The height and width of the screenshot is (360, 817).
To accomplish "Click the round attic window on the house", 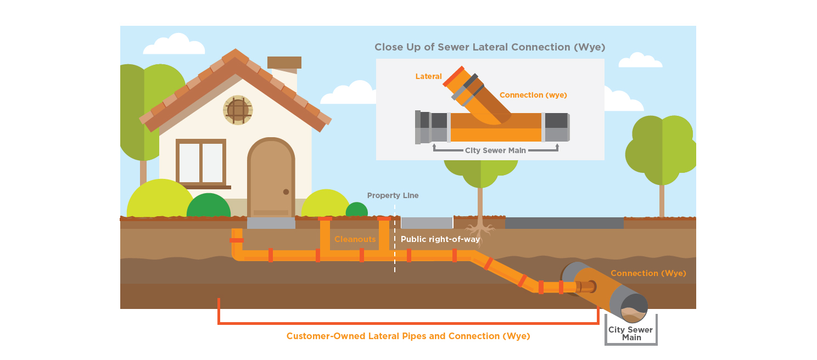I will tap(238, 110).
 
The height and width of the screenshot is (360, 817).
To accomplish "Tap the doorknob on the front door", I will tap(286, 192).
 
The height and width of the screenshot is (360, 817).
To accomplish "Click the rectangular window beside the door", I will tap(201, 163).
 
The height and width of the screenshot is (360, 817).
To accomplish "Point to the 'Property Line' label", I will tap(393, 196).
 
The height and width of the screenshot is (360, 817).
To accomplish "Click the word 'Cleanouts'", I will tap(355, 239).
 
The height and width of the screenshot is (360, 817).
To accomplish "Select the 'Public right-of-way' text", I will tap(440, 239).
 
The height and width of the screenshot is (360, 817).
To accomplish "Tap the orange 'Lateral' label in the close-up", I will tap(428, 76).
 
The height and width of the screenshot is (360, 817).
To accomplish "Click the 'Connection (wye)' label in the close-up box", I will tap(533, 95).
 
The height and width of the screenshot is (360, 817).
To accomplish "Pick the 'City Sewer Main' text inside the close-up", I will tap(495, 150).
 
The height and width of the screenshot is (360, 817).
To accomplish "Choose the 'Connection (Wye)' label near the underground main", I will tap(648, 273).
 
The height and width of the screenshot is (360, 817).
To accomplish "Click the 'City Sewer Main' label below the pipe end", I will tap(630, 334).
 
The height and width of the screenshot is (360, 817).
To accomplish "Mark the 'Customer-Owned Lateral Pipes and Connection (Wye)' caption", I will tap(408, 336).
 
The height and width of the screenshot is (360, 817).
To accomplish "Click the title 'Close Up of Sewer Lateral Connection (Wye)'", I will tap(490, 47).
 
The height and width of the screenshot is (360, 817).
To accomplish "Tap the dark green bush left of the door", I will tap(209, 206).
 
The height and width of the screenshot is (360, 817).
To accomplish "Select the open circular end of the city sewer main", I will tap(634, 308).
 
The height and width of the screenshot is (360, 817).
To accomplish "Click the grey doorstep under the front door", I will tap(271, 223).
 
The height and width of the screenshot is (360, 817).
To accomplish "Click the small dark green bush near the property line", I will tap(357, 210).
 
